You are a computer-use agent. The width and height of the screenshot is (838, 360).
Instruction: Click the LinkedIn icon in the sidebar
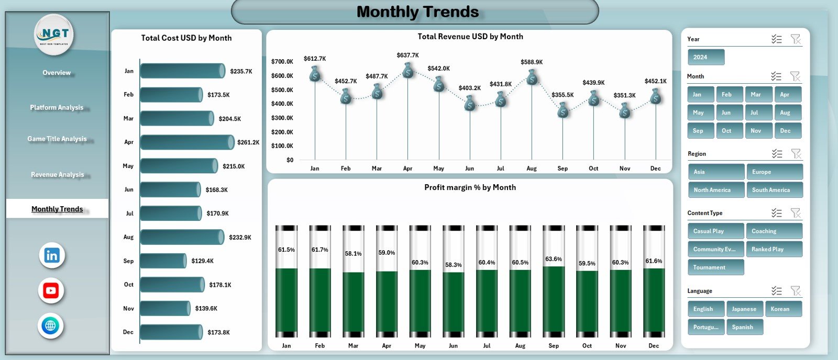tap(51, 255)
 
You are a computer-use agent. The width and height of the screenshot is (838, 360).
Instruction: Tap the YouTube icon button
tap(51, 290)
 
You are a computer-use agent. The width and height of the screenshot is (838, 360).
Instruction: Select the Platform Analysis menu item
tap(57, 107)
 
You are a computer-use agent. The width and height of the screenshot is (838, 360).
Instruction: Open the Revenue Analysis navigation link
tap(57, 174)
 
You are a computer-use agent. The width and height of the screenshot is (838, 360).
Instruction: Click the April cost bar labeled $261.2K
tap(186, 142)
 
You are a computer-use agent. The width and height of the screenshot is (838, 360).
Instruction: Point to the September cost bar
tap(163, 261)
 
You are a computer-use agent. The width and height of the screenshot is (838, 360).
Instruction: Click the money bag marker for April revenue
tap(408, 71)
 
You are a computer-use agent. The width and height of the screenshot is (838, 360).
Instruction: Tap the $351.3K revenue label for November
tap(624, 95)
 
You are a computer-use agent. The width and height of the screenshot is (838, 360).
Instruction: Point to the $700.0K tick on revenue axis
tap(282, 62)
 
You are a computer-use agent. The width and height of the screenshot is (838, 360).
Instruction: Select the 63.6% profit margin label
tap(553, 259)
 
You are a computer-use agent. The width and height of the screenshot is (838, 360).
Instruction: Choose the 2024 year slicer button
tap(705, 57)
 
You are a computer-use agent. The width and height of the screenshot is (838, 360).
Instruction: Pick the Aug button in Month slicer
tap(787, 113)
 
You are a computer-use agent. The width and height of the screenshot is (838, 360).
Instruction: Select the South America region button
tap(774, 190)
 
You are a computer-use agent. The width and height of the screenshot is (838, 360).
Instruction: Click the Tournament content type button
tap(715, 267)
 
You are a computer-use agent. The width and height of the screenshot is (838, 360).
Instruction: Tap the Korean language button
tap(783, 309)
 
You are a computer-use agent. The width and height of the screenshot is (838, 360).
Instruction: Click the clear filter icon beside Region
tap(796, 154)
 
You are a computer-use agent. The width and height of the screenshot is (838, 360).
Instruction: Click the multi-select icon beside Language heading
tap(776, 291)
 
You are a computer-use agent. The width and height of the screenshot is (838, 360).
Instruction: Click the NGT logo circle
tap(54, 35)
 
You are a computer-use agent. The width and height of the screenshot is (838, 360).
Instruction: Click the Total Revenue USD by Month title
tap(470, 37)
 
